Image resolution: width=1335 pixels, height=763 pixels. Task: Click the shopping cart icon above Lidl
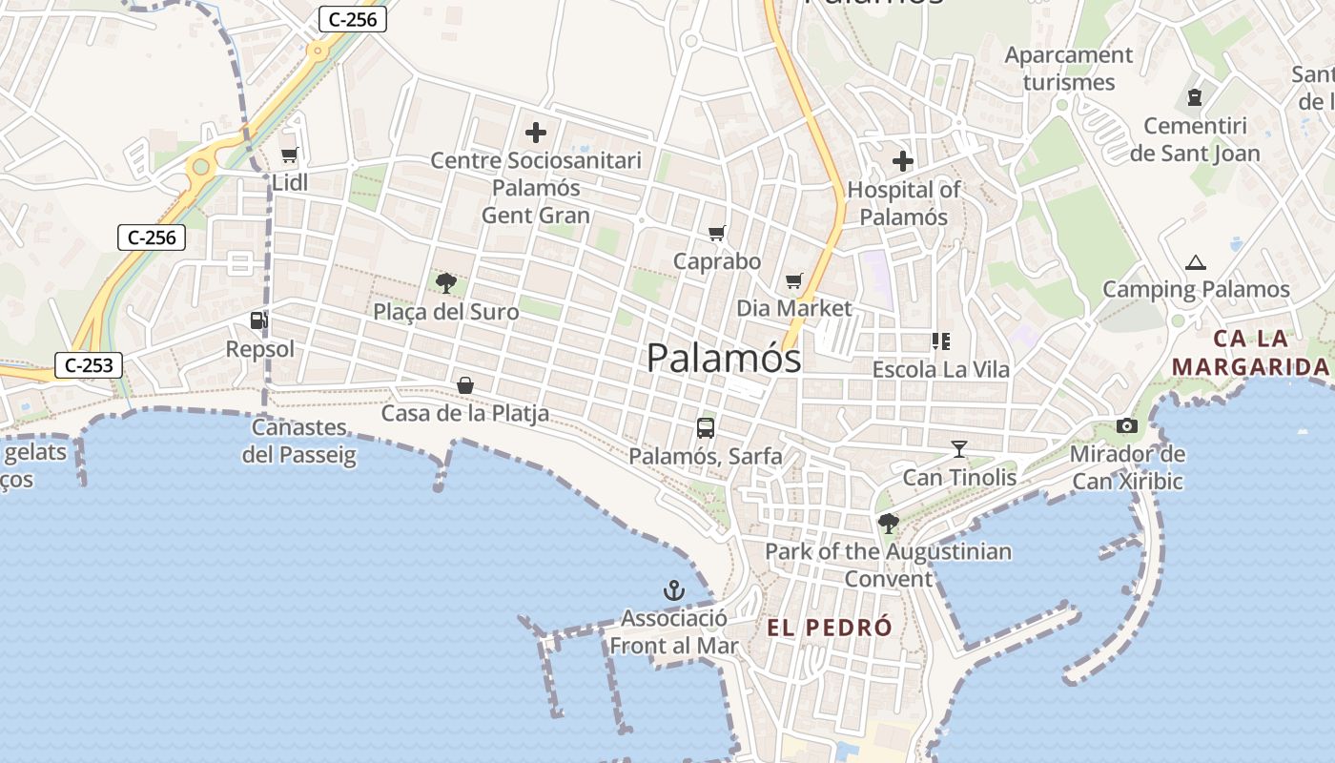click(289, 155)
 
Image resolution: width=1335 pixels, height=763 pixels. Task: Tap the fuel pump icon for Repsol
click(257, 320)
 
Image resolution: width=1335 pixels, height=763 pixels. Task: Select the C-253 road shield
click(89, 364)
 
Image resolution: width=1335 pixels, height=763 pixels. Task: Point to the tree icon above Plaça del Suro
click(445, 282)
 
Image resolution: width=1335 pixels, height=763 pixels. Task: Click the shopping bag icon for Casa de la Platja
click(465, 385)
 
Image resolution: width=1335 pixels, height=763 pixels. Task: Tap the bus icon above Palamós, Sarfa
click(706, 428)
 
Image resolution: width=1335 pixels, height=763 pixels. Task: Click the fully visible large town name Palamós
click(724, 359)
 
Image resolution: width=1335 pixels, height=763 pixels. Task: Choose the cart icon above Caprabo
click(717, 234)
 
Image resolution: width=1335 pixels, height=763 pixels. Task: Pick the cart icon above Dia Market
click(794, 281)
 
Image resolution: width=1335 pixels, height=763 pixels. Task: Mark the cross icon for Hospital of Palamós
click(902, 161)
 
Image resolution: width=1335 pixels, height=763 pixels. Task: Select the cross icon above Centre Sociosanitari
click(536, 133)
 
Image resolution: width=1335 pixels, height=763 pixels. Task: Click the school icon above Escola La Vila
click(941, 341)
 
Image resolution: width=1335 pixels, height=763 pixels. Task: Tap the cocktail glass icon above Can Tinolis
click(959, 448)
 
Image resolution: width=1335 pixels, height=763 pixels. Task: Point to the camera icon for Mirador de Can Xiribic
click(1127, 426)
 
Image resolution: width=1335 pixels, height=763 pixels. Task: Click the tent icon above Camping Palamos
click(1195, 262)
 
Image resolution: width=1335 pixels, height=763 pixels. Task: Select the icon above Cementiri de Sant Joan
click(1194, 97)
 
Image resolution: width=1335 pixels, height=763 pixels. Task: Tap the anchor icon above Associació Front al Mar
click(674, 591)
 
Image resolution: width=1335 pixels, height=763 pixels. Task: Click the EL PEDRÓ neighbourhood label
click(830, 628)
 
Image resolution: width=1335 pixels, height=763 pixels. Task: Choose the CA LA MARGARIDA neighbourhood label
click(1250, 353)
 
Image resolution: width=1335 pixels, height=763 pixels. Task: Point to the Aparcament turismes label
click(1069, 69)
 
